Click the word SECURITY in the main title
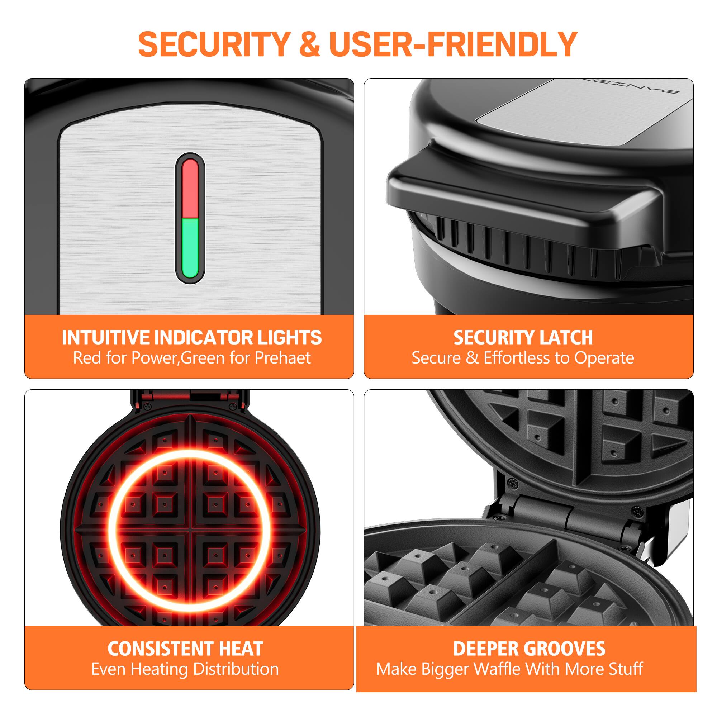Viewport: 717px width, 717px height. pos(214,44)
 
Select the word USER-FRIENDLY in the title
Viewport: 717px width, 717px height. pos(453,44)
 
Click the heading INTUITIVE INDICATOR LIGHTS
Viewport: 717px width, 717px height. pos(191,337)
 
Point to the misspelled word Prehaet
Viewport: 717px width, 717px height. pos(283,358)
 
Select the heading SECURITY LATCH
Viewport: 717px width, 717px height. pos(523,337)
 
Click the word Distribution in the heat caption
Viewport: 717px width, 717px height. pos(236,669)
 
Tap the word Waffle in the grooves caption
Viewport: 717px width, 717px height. pos(498,669)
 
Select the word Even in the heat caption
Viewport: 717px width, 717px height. pos(109,669)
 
